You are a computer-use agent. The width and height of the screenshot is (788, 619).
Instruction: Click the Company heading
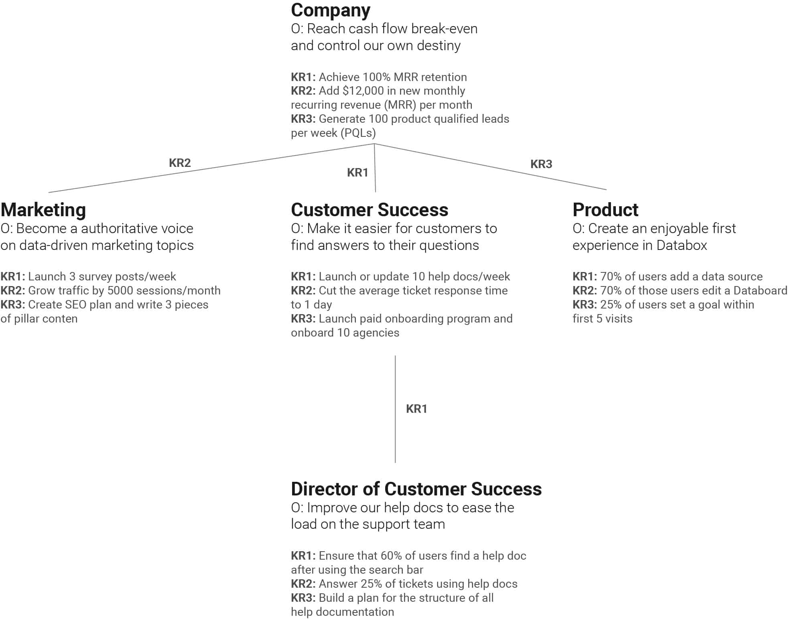(330, 10)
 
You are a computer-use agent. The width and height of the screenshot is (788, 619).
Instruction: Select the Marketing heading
(43, 210)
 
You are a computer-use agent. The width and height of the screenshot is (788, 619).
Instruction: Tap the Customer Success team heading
(369, 210)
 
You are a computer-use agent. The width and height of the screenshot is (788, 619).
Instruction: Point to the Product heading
(605, 210)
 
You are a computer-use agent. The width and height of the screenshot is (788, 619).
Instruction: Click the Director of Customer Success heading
(416, 489)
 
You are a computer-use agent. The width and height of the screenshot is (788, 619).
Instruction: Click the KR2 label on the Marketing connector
(180, 163)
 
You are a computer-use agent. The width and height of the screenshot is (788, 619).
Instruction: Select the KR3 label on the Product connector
(541, 164)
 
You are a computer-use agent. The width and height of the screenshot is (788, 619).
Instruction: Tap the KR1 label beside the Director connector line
(416, 409)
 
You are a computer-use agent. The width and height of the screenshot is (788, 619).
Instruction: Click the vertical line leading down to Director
(395, 409)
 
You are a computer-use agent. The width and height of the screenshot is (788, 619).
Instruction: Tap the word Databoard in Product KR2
(760, 290)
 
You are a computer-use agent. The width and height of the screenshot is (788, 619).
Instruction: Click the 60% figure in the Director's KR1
(391, 556)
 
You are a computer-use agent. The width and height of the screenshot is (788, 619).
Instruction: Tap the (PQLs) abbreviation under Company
(358, 133)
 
